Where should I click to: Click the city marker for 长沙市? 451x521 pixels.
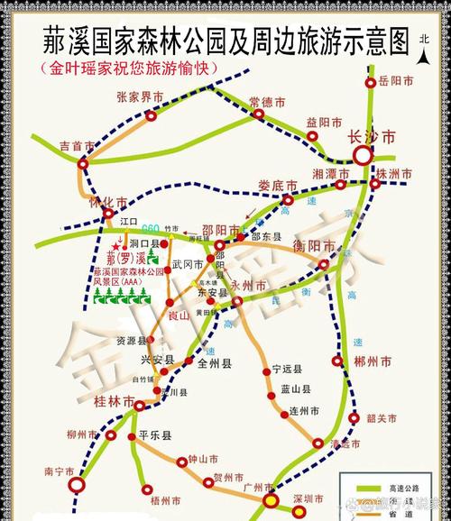pyautogui.click(x=363, y=156)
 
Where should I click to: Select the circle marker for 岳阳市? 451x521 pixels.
pyautogui.click(x=370, y=83)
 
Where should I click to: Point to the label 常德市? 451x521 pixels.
pyautogui.click(x=267, y=101)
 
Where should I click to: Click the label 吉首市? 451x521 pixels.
pyautogui.click(x=51, y=145)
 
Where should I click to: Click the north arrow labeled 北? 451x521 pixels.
pyautogui.click(x=425, y=52)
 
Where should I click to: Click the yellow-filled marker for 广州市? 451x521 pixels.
pyautogui.click(x=269, y=501)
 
